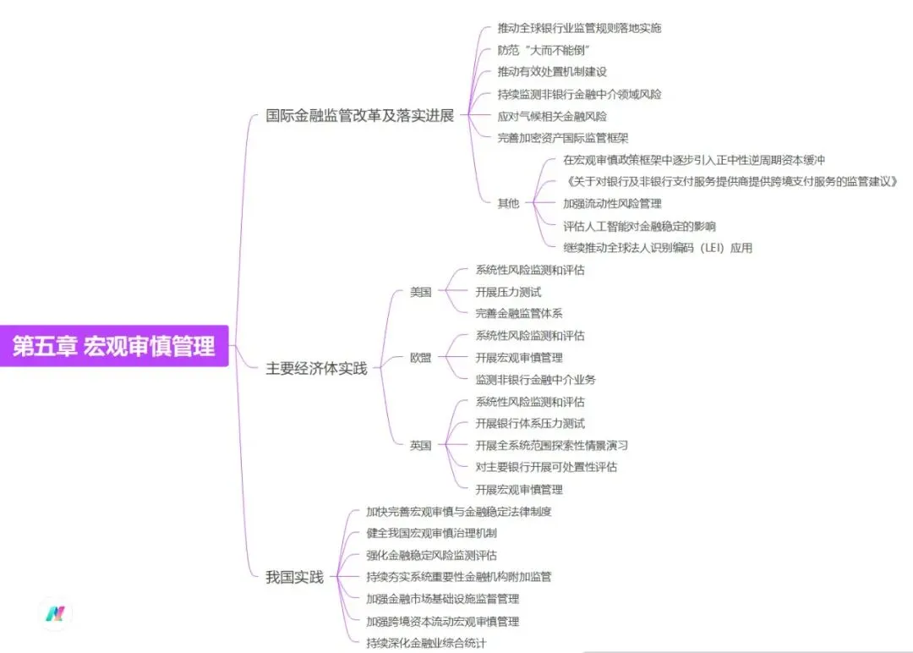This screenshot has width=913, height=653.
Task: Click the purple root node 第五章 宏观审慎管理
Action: (x=114, y=346)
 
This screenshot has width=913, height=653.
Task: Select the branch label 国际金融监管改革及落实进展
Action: (x=359, y=116)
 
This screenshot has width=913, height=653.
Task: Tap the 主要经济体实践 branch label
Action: (x=316, y=369)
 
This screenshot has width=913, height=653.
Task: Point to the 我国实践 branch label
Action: (x=294, y=578)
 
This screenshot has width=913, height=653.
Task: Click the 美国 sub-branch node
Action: (x=420, y=292)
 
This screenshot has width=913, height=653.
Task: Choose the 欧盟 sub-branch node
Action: (x=420, y=358)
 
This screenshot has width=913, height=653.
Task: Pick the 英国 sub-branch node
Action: (x=420, y=446)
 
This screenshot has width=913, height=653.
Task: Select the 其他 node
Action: (x=508, y=203)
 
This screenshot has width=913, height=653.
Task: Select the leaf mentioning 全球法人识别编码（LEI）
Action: (x=658, y=248)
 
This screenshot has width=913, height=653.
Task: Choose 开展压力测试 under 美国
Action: (x=508, y=292)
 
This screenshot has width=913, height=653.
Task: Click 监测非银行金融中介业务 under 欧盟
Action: (x=535, y=380)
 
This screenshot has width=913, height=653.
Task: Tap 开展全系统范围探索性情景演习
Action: (x=551, y=446)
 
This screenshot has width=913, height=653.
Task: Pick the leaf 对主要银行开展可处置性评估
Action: (x=546, y=467)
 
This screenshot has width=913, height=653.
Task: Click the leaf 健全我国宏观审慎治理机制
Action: (x=431, y=534)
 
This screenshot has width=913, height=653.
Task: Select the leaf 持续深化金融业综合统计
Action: (x=426, y=643)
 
